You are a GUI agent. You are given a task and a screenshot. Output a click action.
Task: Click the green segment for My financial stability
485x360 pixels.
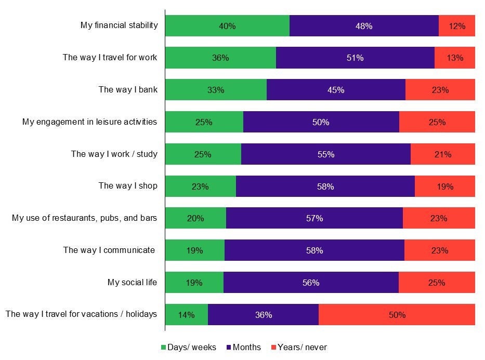click(x=227, y=25)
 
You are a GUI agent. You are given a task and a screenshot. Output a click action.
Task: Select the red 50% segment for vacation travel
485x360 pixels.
click(x=397, y=315)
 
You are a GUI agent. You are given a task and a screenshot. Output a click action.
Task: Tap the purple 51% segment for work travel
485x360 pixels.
click(x=355, y=58)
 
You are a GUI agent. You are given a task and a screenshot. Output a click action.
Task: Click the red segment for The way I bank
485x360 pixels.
click(x=440, y=90)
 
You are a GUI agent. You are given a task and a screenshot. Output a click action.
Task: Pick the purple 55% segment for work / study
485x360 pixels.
click(x=326, y=154)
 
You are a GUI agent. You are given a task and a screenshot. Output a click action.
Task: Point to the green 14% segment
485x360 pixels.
click(x=186, y=315)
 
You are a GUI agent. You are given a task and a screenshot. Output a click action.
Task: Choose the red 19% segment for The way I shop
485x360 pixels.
click(x=445, y=186)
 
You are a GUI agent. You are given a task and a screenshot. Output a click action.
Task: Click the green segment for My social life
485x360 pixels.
click(x=194, y=283)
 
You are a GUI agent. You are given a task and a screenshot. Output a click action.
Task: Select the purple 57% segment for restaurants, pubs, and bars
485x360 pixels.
click(x=314, y=218)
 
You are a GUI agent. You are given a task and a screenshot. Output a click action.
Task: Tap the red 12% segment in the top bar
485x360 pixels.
click(x=457, y=25)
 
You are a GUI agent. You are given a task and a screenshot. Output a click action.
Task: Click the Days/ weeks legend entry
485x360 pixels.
click(x=188, y=347)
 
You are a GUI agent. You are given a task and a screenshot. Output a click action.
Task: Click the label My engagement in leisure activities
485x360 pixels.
click(x=89, y=122)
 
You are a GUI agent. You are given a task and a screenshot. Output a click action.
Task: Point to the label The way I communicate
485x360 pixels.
click(x=109, y=250)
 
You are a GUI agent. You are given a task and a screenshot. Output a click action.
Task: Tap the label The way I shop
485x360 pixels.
click(x=128, y=186)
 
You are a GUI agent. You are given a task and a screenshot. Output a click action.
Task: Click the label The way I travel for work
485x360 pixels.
click(x=110, y=58)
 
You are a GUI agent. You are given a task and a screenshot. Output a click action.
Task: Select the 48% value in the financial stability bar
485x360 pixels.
click(x=364, y=26)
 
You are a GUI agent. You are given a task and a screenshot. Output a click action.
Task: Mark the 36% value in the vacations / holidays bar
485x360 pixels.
click(x=263, y=315)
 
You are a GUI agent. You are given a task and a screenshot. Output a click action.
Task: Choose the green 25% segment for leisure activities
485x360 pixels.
click(x=204, y=122)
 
